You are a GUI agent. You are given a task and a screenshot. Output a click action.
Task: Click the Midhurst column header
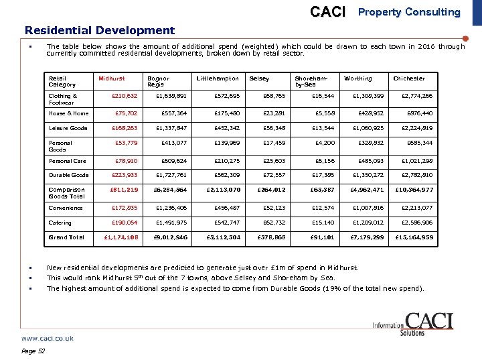point(111,78)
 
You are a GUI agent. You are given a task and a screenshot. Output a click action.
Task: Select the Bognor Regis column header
point(158,82)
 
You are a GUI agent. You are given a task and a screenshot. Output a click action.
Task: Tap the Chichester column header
point(408,78)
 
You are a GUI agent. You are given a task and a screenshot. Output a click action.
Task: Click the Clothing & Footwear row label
point(62,99)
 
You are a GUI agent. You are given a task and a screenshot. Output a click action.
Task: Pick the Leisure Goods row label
point(68,128)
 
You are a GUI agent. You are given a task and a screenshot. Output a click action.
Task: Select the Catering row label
point(60,223)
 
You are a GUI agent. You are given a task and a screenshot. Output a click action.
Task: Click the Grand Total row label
point(66,237)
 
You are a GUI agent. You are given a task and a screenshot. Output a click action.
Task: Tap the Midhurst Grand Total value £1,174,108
point(121,237)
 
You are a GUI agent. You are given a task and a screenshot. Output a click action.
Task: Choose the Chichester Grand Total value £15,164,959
point(414,237)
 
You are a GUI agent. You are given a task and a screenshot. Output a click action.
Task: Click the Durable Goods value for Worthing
point(368,175)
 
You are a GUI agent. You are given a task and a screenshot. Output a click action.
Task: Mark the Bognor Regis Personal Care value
point(172,161)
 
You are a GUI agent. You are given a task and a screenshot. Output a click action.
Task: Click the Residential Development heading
point(99,30)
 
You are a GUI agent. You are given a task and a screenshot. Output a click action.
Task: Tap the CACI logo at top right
point(328,12)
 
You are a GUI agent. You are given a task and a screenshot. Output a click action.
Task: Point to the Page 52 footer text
point(33,351)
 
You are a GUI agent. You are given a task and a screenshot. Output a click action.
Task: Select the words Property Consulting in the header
point(409,12)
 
